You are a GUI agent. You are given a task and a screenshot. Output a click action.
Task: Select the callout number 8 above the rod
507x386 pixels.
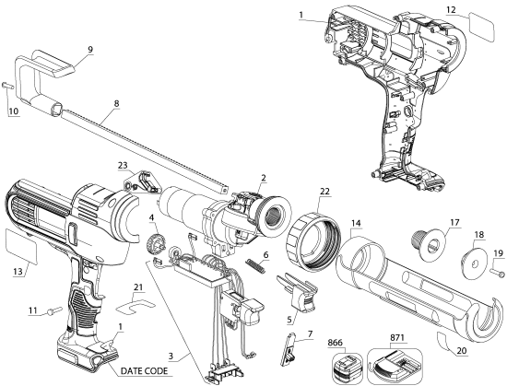pyautogui.click(x=115, y=118)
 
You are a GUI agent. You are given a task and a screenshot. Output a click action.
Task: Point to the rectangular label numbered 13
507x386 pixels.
pyautogui.click(x=21, y=244)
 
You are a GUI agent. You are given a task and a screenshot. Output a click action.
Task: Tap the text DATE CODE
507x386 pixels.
pyautogui.click(x=151, y=370)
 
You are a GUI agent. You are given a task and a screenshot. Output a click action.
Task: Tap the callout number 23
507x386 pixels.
pyautogui.click(x=122, y=166)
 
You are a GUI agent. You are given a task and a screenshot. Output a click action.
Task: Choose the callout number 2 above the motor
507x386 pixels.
pyautogui.click(x=263, y=178)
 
